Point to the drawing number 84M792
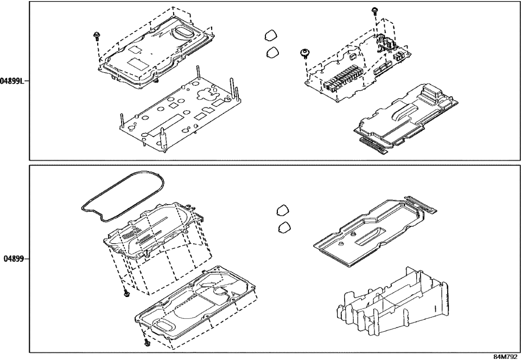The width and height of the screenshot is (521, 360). point(504,356)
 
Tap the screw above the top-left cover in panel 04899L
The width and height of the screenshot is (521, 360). point(96,36)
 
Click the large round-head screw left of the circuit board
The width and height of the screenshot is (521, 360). point(305,53)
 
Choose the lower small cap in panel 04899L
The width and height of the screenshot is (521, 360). point(272,53)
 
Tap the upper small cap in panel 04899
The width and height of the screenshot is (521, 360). point(282,210)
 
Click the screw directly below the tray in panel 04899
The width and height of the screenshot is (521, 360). point(126,293)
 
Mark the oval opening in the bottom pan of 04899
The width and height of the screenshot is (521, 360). point(164,325)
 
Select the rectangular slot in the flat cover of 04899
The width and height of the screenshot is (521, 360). point(371,237)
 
